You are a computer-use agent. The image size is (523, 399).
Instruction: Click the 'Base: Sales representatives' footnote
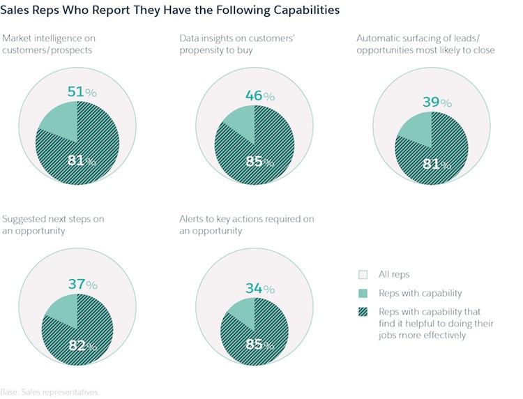(x=49, y=392)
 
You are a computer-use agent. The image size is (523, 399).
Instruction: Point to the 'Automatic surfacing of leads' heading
(x=425, y=44)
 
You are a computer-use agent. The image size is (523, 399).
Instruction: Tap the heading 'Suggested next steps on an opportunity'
(x=53, y=224)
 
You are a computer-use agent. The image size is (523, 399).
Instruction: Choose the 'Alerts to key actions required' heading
(x=246, y=224)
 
